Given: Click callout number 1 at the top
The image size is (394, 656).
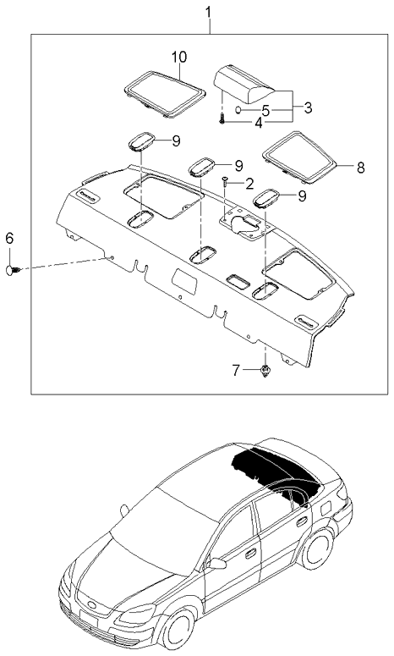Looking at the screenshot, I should pyautogui.click(x=210, y=13).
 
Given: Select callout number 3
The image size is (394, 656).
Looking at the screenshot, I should pyautogui.click(x=308, y=107).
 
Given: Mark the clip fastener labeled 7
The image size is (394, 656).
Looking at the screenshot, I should pyautogui.click(x=265, y=370).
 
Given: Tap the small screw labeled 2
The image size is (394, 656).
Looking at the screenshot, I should pyautogui.click(x=225, y=182).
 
